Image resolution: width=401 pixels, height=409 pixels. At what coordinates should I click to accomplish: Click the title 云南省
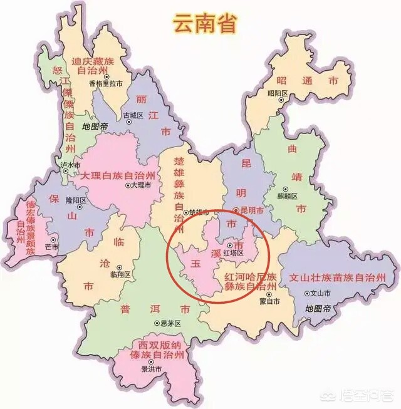196,24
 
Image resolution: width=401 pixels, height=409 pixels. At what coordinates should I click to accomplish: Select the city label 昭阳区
276,93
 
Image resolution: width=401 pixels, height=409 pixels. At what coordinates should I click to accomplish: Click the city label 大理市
139,186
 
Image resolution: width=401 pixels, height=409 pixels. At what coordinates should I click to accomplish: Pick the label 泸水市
70,165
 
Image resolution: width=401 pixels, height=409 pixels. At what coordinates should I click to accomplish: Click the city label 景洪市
151,370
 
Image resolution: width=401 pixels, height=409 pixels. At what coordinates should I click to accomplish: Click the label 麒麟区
291,195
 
